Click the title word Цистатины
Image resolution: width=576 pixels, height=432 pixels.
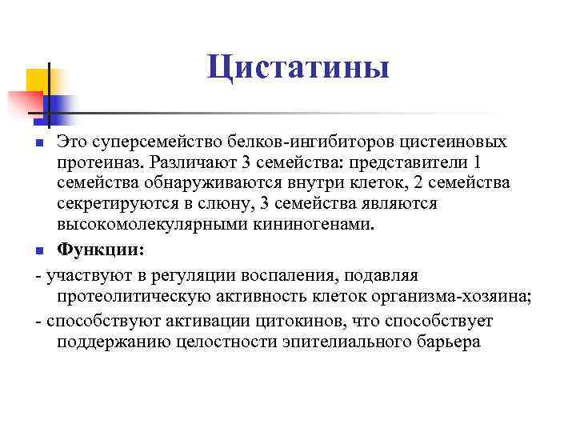click(x=298, y=67)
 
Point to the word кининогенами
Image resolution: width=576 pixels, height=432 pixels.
click(x=315, y=225)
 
